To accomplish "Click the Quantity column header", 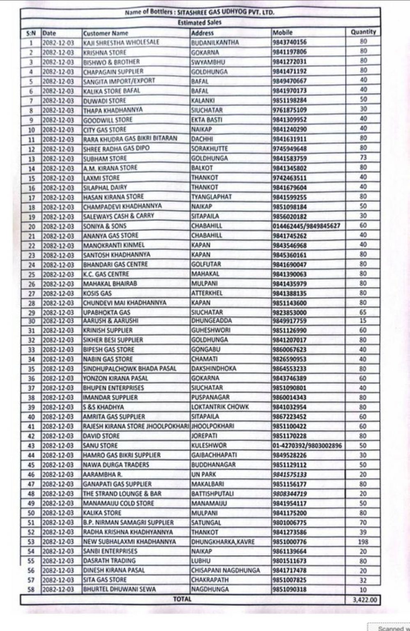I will tap(363, 32).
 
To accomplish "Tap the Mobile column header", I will tap(283, 32).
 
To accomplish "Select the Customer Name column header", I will tap(106, 33).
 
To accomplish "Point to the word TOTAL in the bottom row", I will tap(182, 599).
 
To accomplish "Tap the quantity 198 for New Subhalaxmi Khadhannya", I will tap(363, 541).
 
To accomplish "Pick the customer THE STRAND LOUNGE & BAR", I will tap(122, 493).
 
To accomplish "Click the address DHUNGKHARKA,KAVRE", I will tap(223, 541).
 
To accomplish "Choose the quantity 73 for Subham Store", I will tap(363, 158).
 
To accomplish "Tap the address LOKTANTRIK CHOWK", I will tap(220, 407).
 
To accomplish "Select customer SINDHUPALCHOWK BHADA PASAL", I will tap(129, 368).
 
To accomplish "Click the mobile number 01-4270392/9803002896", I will tap(307, 445).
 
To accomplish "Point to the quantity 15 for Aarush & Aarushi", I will tap(363, 320).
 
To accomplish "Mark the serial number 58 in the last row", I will tap(32, 590).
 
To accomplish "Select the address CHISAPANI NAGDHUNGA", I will tap(226, 570).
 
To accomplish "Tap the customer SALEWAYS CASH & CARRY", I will tap(119, 216).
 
